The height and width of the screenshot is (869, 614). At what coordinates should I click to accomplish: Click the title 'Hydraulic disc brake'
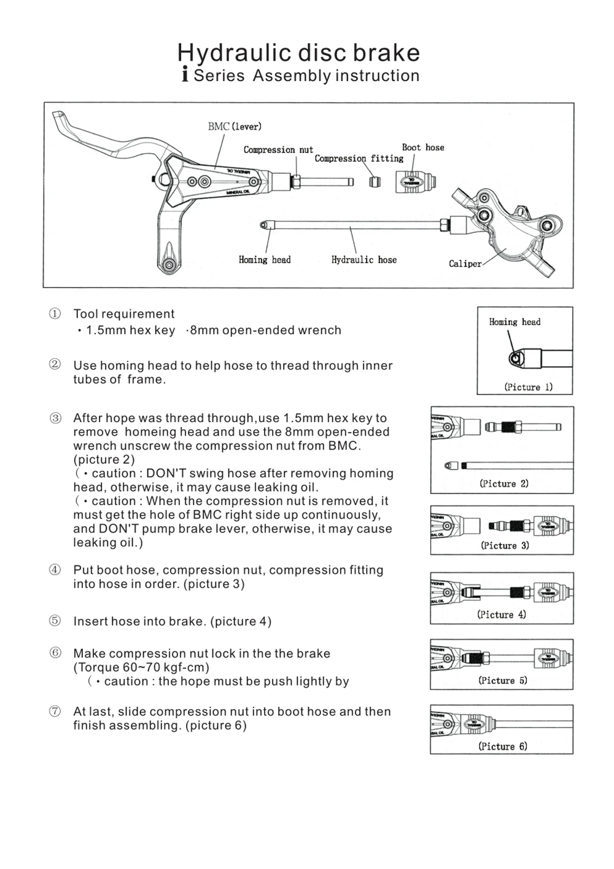tap(298, 53)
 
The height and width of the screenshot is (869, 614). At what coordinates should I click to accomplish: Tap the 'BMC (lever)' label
tap(235, 127)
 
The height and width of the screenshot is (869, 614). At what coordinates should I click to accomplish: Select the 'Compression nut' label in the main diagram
tap(278, 150)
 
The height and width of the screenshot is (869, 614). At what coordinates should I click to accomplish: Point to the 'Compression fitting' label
tap(359, 159)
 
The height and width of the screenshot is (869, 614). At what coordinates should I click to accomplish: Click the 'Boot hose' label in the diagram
tap(423, 147)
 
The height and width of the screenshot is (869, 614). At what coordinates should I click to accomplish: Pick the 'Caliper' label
tap(465, 264)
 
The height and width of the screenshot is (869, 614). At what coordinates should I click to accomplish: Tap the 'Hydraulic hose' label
tap(364, 260)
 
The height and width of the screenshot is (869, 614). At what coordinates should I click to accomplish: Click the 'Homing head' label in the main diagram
tap(265, 260)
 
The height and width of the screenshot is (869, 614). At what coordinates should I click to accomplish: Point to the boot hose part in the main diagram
tap(416, 183)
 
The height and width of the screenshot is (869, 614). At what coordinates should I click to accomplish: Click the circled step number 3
tap(55, 419)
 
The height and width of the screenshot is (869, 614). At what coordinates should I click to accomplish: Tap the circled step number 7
tap(55, 712)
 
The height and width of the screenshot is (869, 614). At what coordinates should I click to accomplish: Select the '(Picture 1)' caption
tap(528, 387)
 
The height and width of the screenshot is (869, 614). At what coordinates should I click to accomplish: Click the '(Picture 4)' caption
tap(502, 615)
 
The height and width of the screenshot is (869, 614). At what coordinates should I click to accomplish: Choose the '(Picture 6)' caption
tap(502, 747)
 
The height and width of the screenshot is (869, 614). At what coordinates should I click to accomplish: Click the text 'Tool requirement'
tap(124, 314)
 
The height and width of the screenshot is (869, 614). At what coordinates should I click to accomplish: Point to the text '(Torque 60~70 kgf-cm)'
tap(141, 667)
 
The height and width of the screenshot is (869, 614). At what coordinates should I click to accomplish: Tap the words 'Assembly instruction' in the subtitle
tap(336, 76)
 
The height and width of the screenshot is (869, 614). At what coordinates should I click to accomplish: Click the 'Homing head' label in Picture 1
tap(515, 322)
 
